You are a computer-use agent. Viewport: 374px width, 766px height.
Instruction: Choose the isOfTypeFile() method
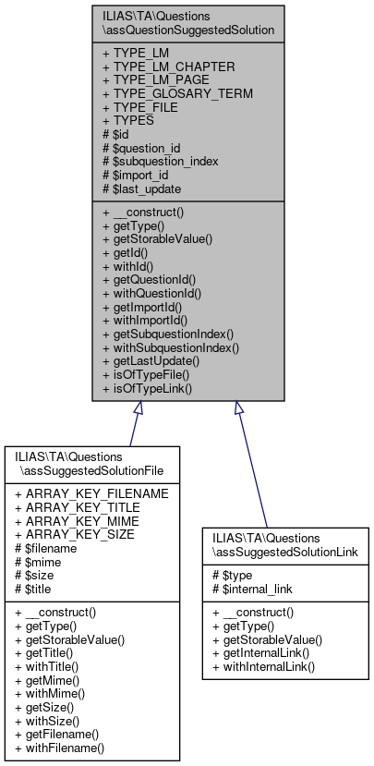147,375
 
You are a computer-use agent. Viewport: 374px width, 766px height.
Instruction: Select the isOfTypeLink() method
147,389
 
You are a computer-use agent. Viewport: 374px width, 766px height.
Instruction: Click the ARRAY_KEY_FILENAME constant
91,493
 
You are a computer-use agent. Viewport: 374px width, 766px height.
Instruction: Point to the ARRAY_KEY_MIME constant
78,521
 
